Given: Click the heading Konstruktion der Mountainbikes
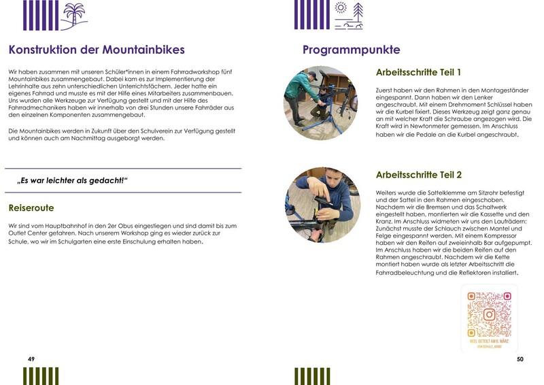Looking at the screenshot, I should tap(97, 50).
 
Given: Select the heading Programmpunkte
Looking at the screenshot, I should tap(351, 50).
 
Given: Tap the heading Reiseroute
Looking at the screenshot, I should tap(31, 207).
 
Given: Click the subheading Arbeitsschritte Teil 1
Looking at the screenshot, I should tap(418, 72).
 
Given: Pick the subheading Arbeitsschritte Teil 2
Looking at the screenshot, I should tap(418, 175).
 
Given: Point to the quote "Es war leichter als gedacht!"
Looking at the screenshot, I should tap(73, 180).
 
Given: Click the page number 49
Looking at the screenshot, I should tap(31, 358).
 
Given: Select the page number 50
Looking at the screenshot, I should tap(520, 358).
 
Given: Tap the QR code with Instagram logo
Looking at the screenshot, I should tap(489, 314).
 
